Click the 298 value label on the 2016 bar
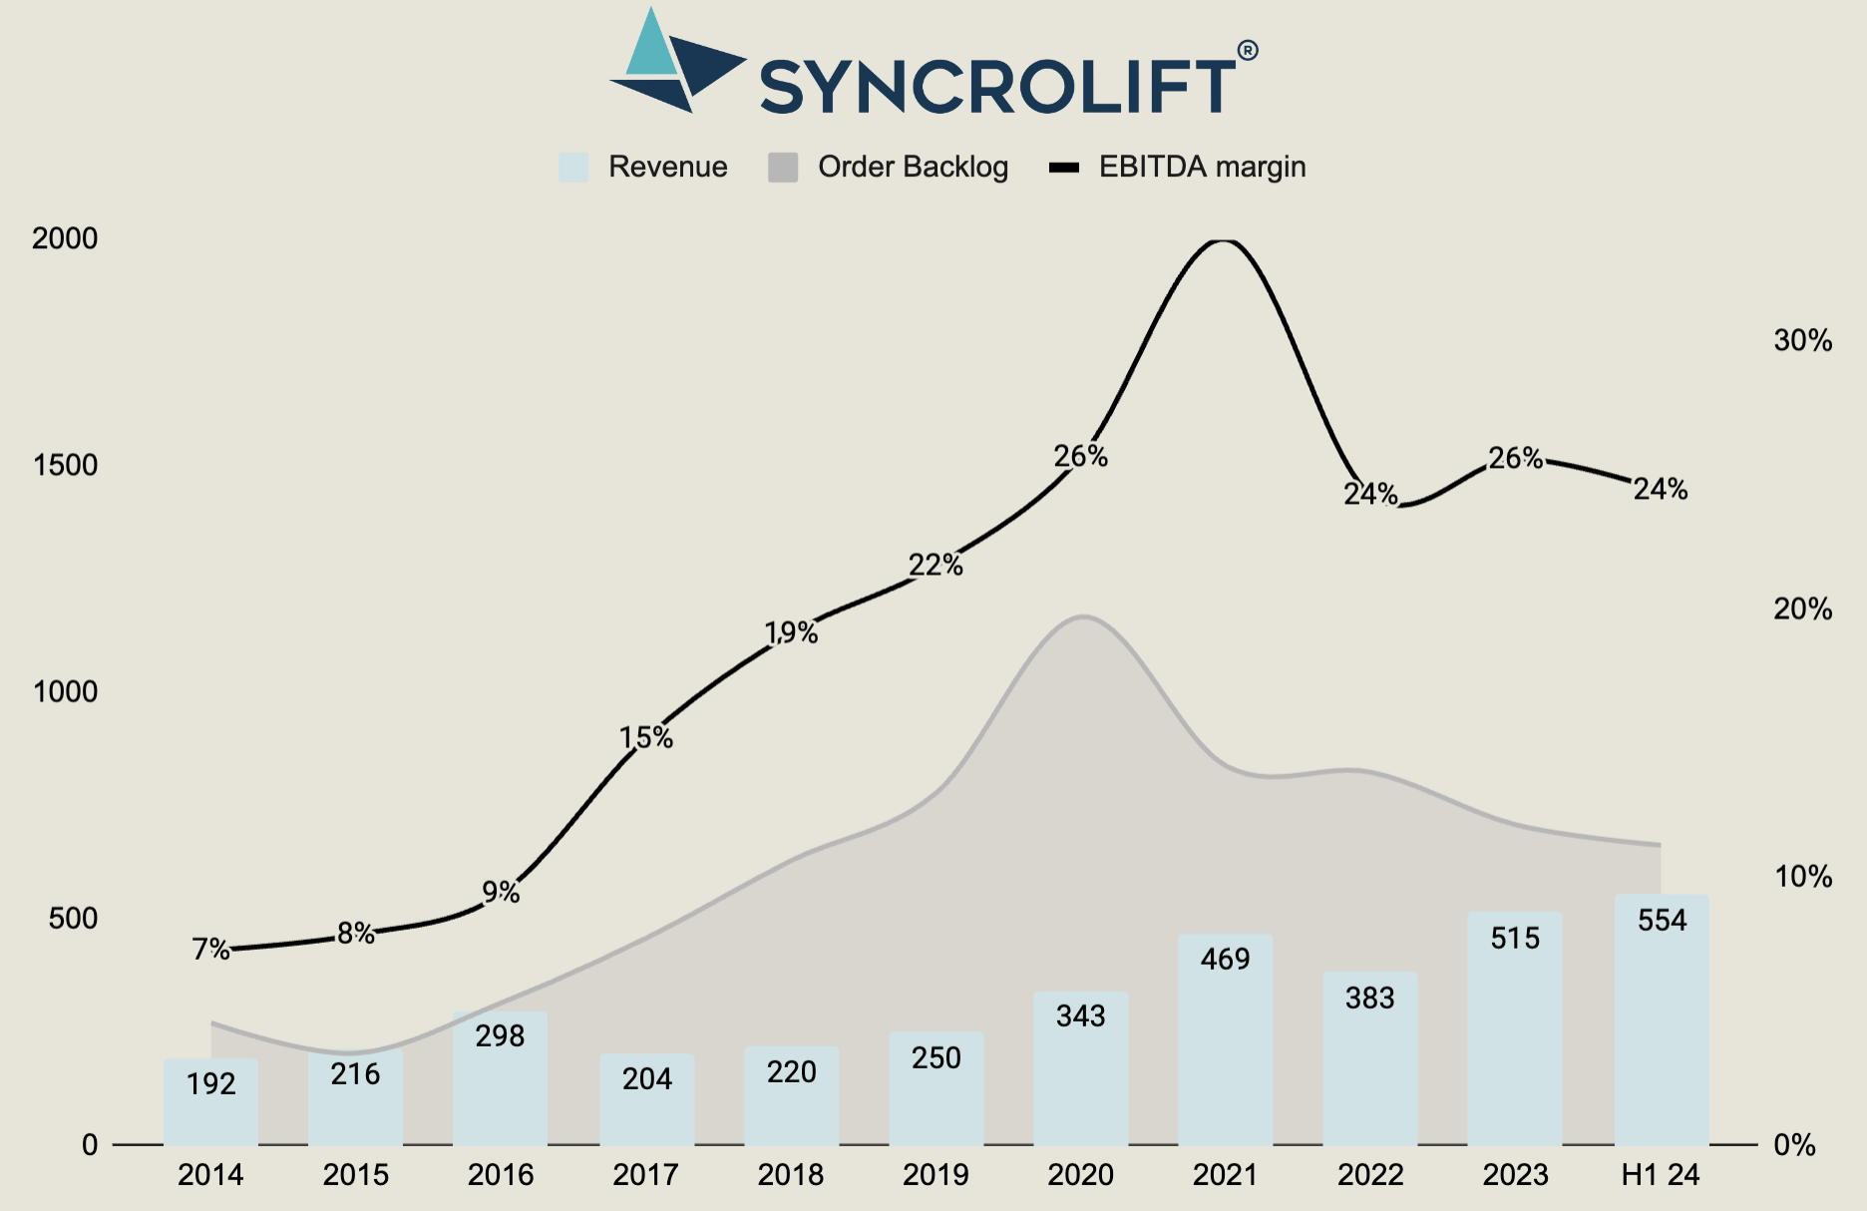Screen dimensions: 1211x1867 pos(500,1036)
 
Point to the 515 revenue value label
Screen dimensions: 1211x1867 pos(1515,938)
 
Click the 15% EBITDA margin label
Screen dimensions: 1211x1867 pos(646,737)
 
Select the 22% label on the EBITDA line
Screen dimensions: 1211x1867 pos(935,566)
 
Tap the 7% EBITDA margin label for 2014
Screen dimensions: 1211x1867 pos(210,949)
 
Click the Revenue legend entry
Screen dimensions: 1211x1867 pos(643,167)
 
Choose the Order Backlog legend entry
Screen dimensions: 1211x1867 pos(888,167)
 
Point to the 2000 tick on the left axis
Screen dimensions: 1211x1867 pos(65,238)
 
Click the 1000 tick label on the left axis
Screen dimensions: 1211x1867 pos(65,691)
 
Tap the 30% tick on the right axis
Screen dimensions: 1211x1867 pos(1802,341)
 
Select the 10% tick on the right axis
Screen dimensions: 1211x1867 pos(1802,877)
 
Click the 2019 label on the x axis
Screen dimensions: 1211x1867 pos(935,1175)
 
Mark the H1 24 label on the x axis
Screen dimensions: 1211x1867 pos(1661,1175)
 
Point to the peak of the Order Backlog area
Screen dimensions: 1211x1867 pos(1083,617)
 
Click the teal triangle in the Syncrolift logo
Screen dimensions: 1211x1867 pos(650,48)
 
